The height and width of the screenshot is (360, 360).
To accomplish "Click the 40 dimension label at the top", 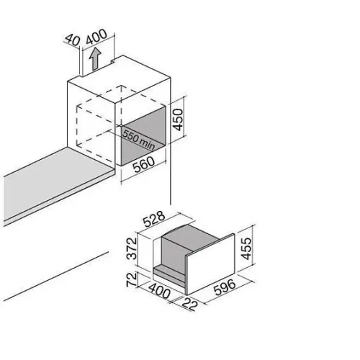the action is click(73, 40).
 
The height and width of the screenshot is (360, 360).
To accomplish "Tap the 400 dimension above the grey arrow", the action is click(96, 37).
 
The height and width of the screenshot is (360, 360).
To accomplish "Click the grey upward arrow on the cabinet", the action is click(95, 58).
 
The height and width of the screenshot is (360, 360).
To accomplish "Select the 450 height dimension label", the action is click(178, 120).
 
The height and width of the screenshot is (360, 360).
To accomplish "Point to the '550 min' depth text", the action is click(139, 140).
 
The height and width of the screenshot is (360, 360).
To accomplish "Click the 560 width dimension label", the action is click(144, 164).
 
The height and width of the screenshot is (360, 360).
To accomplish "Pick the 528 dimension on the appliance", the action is click(154, 219).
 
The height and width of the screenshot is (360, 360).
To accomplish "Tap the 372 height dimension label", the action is click(132, 248).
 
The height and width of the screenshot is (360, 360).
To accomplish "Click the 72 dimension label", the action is click(132, 279).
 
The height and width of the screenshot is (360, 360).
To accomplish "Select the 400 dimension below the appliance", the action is click(159, 291).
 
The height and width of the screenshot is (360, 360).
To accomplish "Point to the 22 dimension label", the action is click(190, 305).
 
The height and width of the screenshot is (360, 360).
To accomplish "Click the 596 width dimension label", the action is click(225, 287).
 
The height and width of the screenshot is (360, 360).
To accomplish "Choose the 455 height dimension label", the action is click(246, 248).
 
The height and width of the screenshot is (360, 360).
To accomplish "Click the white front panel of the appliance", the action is click(211, 264).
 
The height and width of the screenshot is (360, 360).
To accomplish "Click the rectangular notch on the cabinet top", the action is click(113, 61).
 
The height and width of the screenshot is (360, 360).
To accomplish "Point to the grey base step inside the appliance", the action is click(169, 273).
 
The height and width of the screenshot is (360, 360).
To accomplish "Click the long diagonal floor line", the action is click(56, 276).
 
